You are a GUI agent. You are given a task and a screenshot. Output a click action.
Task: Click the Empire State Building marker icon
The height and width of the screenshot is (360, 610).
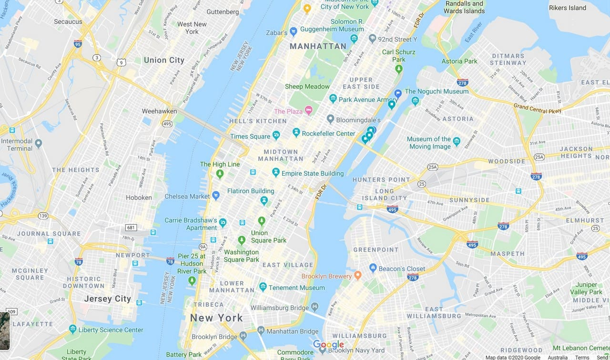(275, 172)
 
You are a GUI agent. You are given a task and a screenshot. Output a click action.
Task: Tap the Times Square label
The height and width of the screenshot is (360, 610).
(250, 136)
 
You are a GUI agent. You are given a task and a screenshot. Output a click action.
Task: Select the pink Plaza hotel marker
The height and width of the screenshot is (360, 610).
(308, 110)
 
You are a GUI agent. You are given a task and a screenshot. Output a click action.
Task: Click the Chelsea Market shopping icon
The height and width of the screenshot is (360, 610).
(216, 195)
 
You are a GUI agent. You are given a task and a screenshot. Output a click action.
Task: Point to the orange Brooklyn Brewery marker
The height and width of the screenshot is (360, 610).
(358, 275)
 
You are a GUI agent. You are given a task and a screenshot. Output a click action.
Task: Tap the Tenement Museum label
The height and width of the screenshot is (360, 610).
(296, 288)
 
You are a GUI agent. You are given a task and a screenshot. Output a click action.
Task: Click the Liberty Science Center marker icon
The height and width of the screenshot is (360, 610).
(72, 329)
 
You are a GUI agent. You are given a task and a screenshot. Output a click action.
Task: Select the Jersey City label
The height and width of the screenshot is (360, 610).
(107, 299)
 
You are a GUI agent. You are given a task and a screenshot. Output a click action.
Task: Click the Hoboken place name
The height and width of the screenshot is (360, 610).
(139, 197)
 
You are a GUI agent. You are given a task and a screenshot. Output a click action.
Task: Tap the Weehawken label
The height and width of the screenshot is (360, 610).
(159, 111)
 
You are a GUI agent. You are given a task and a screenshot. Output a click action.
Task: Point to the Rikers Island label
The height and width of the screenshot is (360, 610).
(568, 8)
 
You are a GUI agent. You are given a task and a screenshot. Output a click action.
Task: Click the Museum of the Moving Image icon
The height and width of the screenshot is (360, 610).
(457, 141)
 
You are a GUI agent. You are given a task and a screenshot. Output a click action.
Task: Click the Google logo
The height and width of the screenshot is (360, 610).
(328, 345)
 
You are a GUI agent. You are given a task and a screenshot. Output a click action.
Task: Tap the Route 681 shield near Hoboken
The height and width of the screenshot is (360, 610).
(132, 227)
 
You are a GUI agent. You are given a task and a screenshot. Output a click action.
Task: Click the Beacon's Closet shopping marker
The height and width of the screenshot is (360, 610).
(373, 268)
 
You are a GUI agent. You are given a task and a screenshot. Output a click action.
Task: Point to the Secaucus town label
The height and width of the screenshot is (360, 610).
(68, 21)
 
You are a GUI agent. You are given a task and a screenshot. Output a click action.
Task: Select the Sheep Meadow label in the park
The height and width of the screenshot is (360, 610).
(307, 86)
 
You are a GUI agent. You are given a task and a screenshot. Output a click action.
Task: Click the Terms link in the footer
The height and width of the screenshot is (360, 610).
(582, 357)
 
